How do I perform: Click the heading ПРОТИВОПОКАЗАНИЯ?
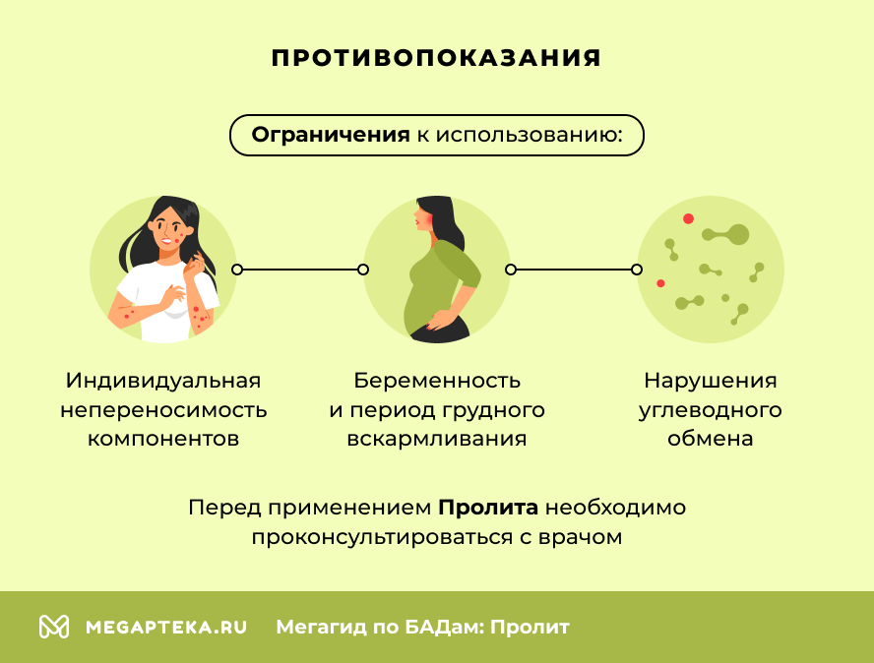click(x=436, y=58)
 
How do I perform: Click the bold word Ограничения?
click(x=331, y=135)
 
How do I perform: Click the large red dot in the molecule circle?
click(x=688, y=218)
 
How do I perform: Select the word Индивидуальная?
click(x=163, y=381)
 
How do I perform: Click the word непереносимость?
click(x=163, y=410)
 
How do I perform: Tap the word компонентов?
click(x=163, y=439)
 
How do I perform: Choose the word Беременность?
click(x=437, y=381)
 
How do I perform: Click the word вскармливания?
click(x=437, y=439)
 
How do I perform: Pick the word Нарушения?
click(x=711, y=381)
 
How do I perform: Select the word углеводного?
click(x=711, y=410)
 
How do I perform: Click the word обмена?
click(x=711, y=439)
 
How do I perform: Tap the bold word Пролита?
click(x=488, y=509)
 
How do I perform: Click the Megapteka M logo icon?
click(x=53, y=627)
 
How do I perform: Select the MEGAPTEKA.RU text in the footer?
click(x=165, y=627)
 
